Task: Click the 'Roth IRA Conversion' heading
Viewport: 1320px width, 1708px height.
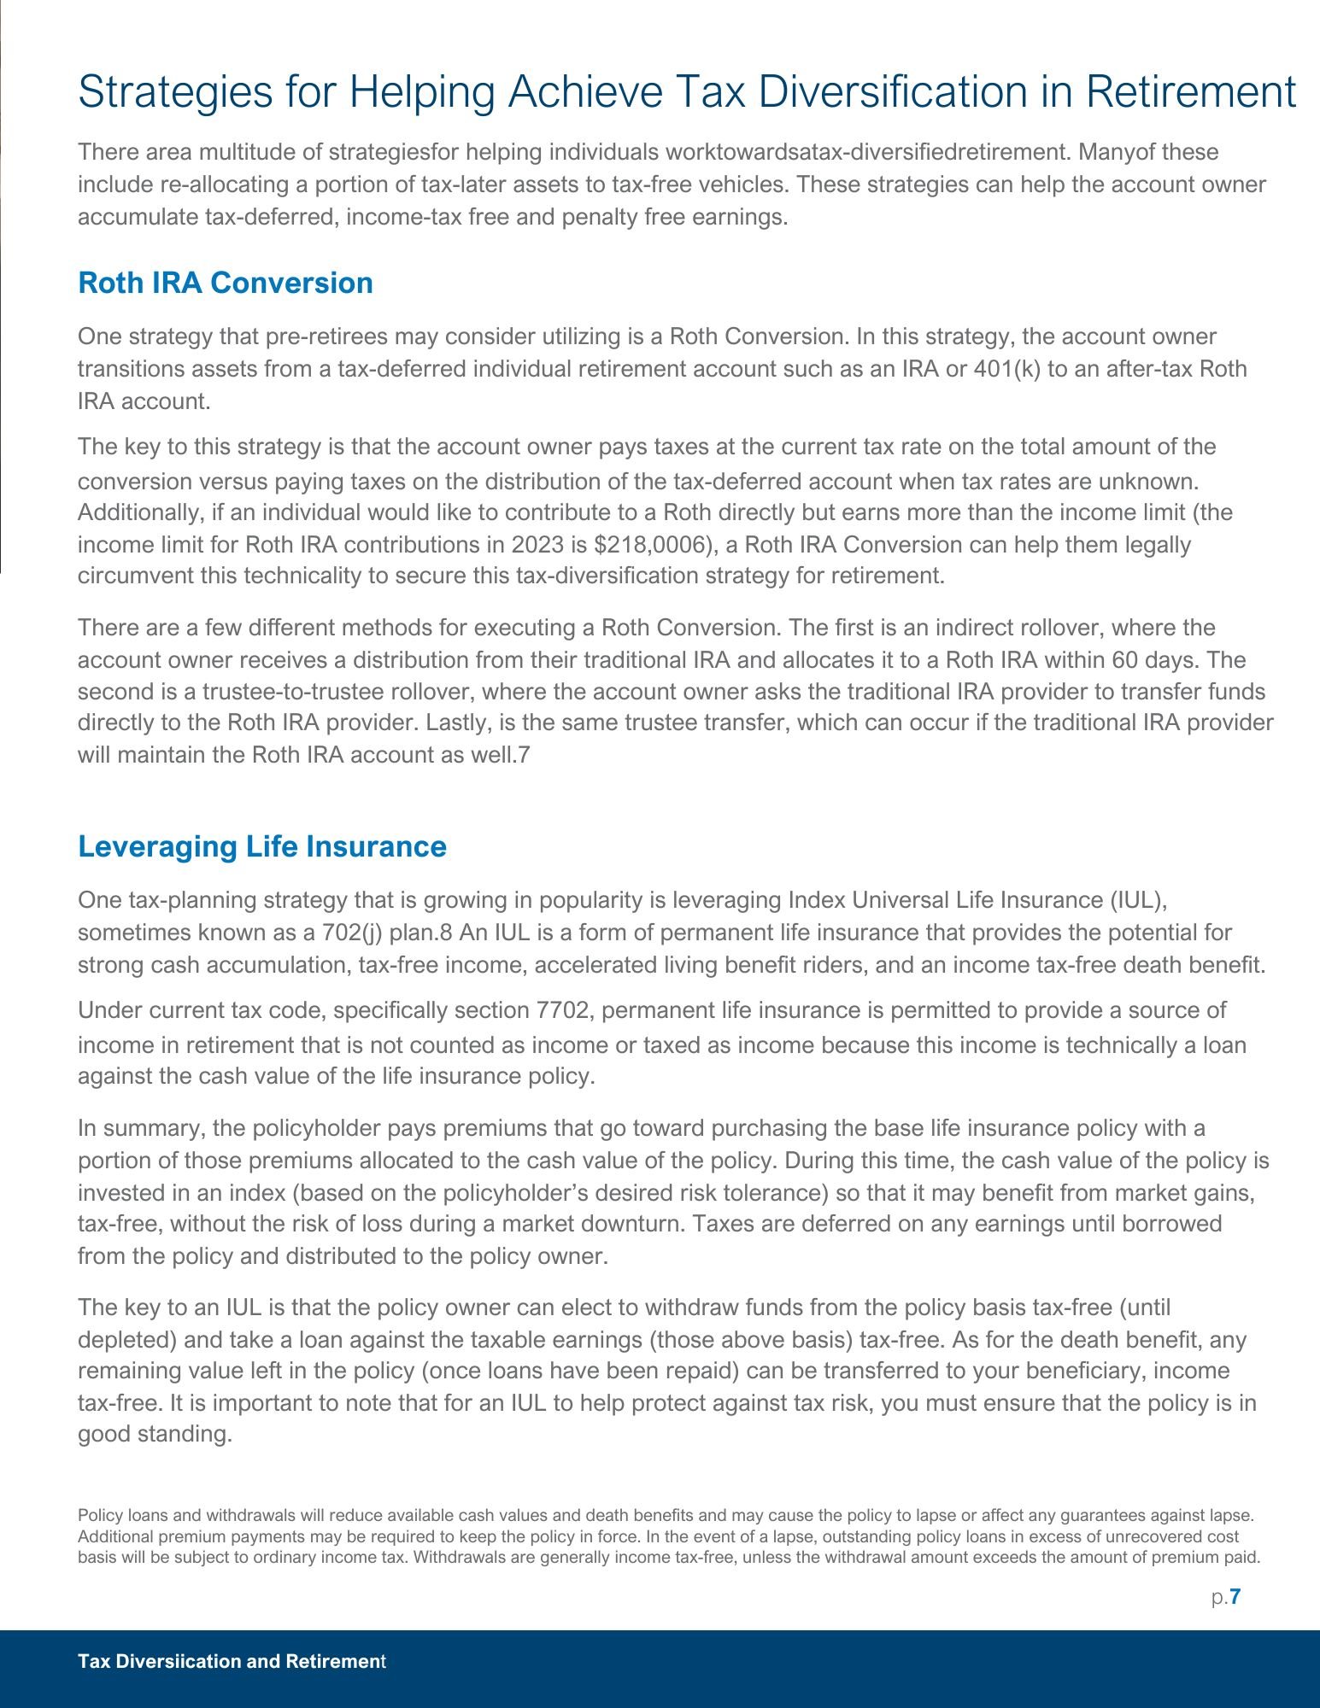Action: pos(226,283)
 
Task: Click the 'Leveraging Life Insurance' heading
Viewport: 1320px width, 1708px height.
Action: pos(262,846)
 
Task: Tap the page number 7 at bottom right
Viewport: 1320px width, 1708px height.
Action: pos(1235,1597)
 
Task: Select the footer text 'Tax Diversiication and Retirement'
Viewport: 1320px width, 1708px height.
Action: pos(232,1661)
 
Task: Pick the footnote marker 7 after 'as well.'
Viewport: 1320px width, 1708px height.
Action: pos(525,755)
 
